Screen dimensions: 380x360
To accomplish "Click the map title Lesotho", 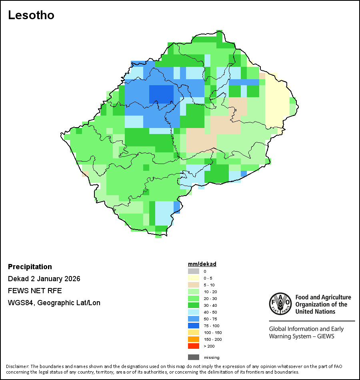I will click(31, 15).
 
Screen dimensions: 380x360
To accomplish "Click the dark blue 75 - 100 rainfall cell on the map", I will click(162, 94).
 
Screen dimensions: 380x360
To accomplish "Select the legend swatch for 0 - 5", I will click(194, 278).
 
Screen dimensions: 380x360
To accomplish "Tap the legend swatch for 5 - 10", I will click(194, 285).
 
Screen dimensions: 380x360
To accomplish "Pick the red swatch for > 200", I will click(194, 346).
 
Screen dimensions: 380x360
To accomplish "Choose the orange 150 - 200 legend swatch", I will click(194, 339).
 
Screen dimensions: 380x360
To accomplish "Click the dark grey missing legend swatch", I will click(194, 357).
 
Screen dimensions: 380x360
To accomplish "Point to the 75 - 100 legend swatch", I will click(194, 326).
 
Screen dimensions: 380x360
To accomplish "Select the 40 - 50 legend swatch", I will click(194, 312).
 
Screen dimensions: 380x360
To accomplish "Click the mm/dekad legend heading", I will click(202, 264).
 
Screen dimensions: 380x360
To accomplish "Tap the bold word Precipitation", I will click(30, 267).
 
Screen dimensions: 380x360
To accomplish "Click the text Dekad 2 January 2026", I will click(44, 279).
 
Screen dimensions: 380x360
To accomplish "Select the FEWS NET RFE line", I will click(35, 291).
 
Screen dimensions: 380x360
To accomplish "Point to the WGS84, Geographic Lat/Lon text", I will click(54, 303).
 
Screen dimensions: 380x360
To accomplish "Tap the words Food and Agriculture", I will click(323, 297).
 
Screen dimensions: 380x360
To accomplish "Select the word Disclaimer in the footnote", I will click(17, 366).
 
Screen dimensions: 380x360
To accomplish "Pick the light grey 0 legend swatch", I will click(194, 271).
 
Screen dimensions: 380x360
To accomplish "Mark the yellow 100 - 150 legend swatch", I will click(194, 332).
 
